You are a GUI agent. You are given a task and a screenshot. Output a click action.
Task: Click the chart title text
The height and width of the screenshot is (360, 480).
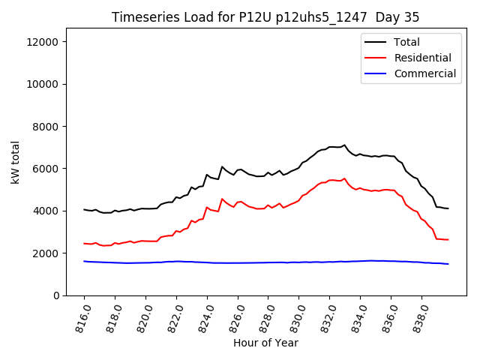coord(265,17)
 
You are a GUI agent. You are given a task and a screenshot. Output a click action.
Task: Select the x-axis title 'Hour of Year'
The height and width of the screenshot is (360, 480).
coord(265,343)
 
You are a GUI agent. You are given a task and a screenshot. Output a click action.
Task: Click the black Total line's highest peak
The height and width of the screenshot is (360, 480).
coord(344,145)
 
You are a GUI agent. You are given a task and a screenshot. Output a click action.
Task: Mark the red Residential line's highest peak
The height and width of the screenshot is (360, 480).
coord(344,178)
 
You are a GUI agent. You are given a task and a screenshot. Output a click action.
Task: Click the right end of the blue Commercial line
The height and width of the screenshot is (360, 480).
coord(448,264)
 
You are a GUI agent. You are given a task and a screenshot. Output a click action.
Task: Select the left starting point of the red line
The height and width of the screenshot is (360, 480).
coord(84,243)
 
